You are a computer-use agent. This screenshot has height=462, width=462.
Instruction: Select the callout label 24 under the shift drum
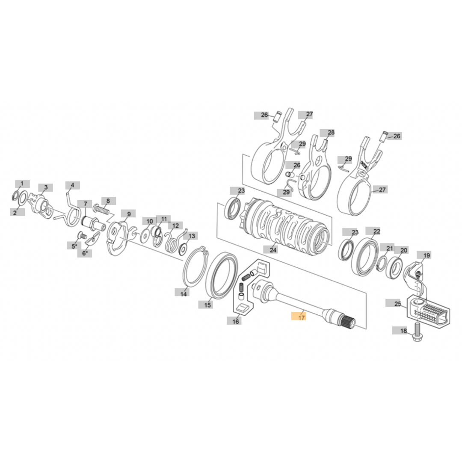coord(273,249)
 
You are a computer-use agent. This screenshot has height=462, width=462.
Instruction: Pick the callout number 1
coord(22,184)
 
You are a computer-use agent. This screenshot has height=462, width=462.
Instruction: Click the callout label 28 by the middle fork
coord(331,133)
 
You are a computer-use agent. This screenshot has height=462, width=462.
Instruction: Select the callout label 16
coord(236,321)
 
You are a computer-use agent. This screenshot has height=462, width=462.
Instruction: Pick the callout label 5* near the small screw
coord(74,246)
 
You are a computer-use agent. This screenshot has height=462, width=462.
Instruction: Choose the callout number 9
coord(128,213)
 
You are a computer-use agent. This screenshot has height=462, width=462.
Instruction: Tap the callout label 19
coord(426,255)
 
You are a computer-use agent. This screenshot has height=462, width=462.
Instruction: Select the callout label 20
coord(404,250)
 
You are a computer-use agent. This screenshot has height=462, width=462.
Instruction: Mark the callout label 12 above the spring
coord(176,225)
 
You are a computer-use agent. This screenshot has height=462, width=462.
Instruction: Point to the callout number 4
coord(72,185)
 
